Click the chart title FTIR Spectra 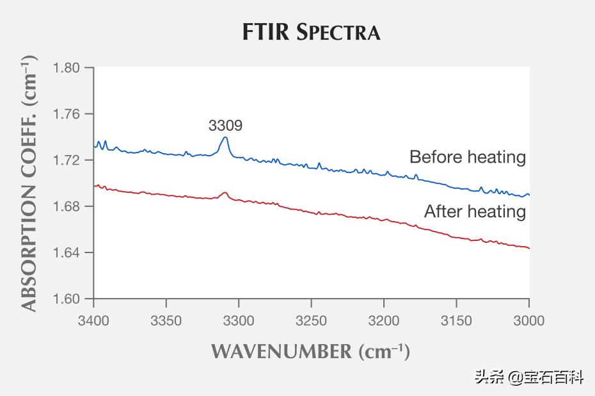click(311, 31)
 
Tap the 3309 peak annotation click(225, 126)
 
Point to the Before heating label click(468, 157)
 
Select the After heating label click(475, 211)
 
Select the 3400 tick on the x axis click(94, 320)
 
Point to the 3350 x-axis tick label click(166, 320)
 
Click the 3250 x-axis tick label click(312, 320)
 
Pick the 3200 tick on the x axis click(384, 320)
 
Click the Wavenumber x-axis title click(310, 351)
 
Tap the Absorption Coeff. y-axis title click(29, 183)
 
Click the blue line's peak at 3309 click(225, 138)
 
